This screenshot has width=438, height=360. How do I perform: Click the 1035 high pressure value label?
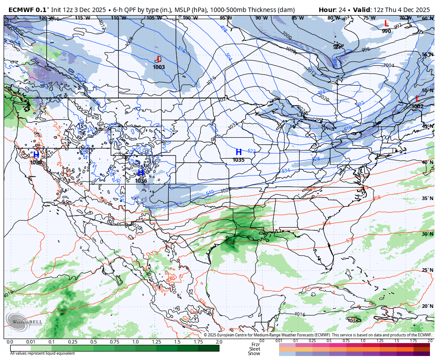239,160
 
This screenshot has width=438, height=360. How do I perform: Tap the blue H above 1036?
141,173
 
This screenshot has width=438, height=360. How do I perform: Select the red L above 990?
386,23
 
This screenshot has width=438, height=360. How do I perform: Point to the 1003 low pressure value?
159,67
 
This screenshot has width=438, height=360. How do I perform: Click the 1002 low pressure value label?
418,106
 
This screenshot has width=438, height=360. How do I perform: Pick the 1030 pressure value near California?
36,163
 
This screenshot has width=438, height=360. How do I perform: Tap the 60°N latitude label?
427,18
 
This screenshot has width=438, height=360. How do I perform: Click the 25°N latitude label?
427,270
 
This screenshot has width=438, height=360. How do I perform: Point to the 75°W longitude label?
369,18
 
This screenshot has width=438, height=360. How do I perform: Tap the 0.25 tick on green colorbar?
73,342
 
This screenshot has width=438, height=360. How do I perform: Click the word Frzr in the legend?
255,344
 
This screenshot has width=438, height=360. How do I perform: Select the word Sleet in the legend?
255,349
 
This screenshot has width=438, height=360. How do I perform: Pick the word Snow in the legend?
254,353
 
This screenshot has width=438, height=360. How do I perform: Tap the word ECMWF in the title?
21,10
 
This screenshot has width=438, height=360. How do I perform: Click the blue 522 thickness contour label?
251,151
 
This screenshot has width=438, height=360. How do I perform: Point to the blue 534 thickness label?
286,171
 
